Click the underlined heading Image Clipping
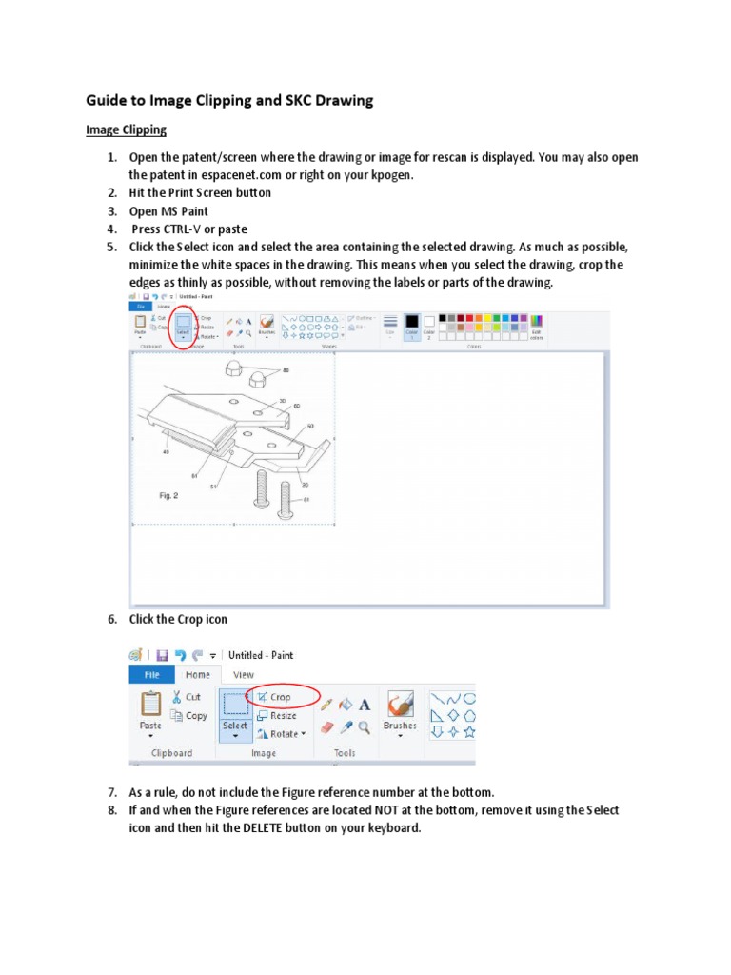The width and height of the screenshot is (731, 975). pos(126,129)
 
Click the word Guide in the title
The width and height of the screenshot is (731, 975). pos(109,98)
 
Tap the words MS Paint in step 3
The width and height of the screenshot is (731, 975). pos(186,210)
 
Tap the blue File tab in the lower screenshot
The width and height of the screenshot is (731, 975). pos(151,674)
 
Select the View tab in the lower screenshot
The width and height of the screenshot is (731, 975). pos(243,674)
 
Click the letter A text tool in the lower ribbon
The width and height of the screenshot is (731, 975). pos(365,706)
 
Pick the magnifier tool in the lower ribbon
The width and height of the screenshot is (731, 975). pos(365,726)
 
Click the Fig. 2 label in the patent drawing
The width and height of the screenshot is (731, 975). pos(169,496)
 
